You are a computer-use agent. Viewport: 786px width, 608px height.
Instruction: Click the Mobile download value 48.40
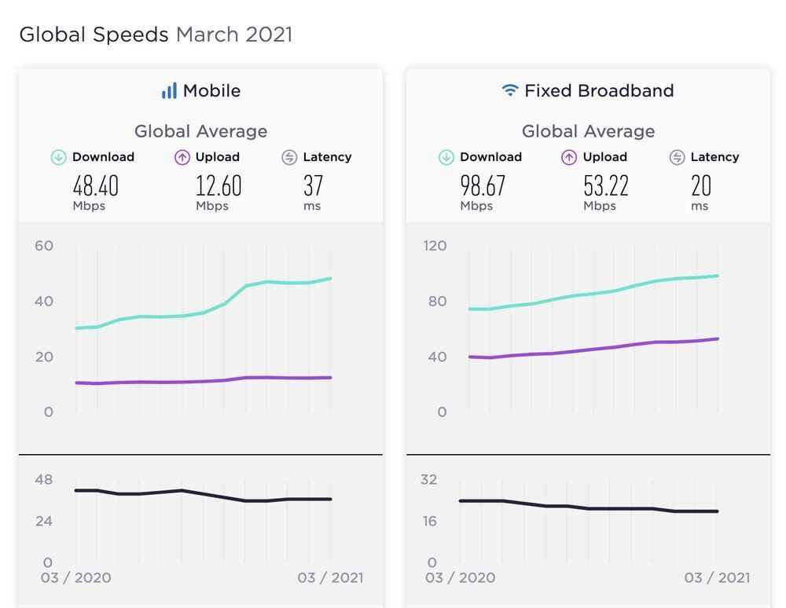[95, 186]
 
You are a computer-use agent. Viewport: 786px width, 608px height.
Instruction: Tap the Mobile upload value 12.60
[219, 186]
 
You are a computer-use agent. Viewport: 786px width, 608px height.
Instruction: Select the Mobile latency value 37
[314, 186]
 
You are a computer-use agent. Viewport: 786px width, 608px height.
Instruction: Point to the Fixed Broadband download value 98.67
[483, 186]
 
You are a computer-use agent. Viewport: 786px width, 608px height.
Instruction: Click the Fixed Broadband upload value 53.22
[606, 186]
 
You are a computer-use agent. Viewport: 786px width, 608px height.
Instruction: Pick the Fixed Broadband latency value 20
[701, 186]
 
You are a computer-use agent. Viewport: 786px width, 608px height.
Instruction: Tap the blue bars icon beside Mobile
[169, 91]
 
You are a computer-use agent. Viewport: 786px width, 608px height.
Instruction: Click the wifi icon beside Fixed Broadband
[510, 91]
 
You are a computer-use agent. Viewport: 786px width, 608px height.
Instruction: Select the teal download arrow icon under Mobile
[58, 157]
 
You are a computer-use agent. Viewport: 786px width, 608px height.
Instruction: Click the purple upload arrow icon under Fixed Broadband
[569, 157]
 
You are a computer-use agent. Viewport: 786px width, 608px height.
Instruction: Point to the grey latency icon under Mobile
[289, 157]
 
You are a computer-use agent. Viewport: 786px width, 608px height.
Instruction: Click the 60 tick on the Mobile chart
[44, 246]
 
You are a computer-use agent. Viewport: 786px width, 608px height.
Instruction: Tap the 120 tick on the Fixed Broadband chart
[435, 246]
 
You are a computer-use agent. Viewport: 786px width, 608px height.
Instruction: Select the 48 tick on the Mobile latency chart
[44, 480]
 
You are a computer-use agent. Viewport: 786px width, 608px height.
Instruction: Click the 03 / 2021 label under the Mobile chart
[330, 578]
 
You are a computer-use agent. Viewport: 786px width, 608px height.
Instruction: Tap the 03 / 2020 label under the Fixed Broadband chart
[461, 578]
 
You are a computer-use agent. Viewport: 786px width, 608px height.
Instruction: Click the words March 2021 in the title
[234, 35]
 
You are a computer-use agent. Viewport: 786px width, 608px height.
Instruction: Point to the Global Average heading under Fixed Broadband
[588, 131]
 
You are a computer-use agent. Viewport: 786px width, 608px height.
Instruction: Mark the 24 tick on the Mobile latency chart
[44, 522]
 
